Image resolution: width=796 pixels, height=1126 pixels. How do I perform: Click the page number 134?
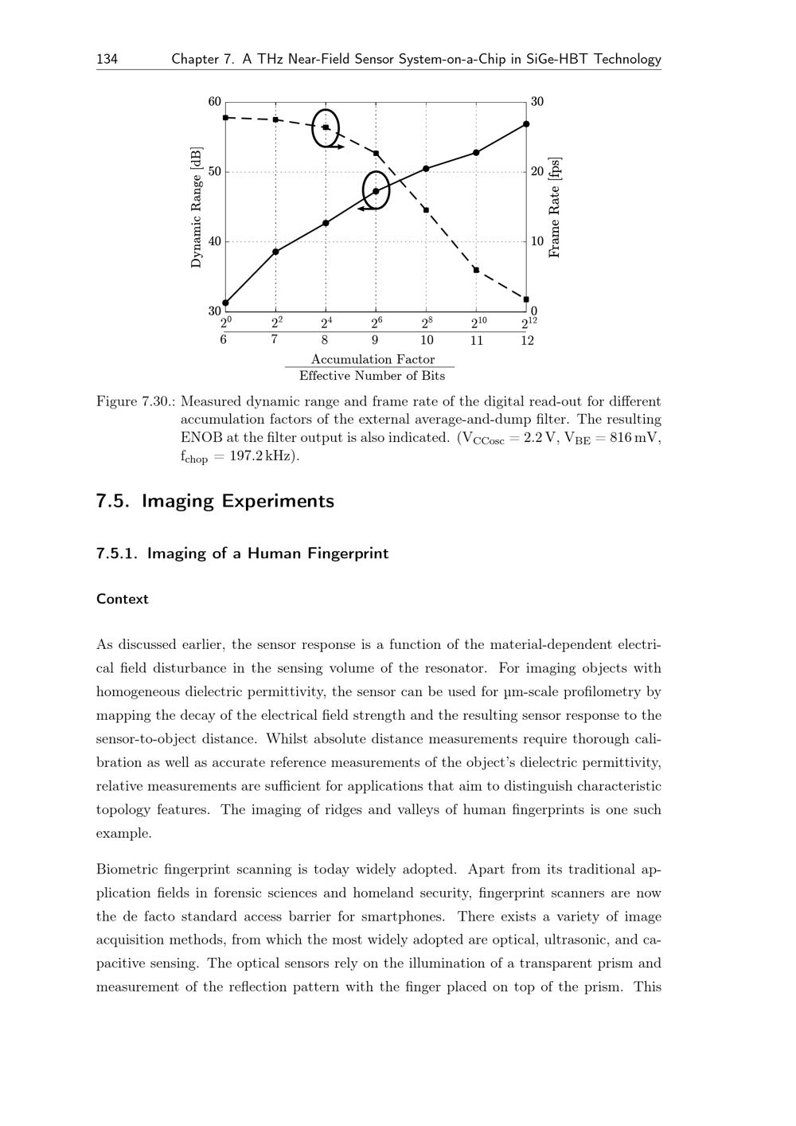click(107, 59)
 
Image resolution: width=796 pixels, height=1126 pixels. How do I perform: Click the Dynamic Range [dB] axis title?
click(197, 207)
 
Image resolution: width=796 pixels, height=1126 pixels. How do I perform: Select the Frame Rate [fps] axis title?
click(556, 207)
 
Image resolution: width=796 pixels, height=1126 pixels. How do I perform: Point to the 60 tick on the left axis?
click(215, 102)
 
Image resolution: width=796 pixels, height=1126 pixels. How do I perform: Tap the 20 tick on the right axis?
click(537, 172)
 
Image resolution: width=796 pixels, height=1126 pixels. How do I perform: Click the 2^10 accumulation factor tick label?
click(476, 323)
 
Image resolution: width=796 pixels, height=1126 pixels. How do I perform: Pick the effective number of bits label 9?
click(375, 341)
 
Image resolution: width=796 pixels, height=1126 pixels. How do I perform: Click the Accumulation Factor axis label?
click(373, 359)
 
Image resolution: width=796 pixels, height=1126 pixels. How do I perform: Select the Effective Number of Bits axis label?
click(372, 376)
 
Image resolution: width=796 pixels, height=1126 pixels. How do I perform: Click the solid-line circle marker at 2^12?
click(526, 124)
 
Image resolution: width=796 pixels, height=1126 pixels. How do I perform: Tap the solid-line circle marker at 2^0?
click(225, 303)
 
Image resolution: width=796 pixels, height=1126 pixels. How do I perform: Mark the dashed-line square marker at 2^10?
click(476, 270)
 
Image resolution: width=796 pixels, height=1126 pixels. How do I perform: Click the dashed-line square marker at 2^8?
click(426, 210)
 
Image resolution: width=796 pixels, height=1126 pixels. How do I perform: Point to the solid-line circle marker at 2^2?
click(275, 252)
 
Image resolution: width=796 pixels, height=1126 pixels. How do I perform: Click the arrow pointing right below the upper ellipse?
click(338, 147)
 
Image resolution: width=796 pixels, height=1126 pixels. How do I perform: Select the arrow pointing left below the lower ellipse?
click(366, 209)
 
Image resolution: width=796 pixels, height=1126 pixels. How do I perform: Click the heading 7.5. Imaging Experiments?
click(215, 501)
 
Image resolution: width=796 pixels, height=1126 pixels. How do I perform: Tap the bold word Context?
click(123, 600)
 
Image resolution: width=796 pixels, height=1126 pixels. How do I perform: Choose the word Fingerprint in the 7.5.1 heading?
click(348, 553)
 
